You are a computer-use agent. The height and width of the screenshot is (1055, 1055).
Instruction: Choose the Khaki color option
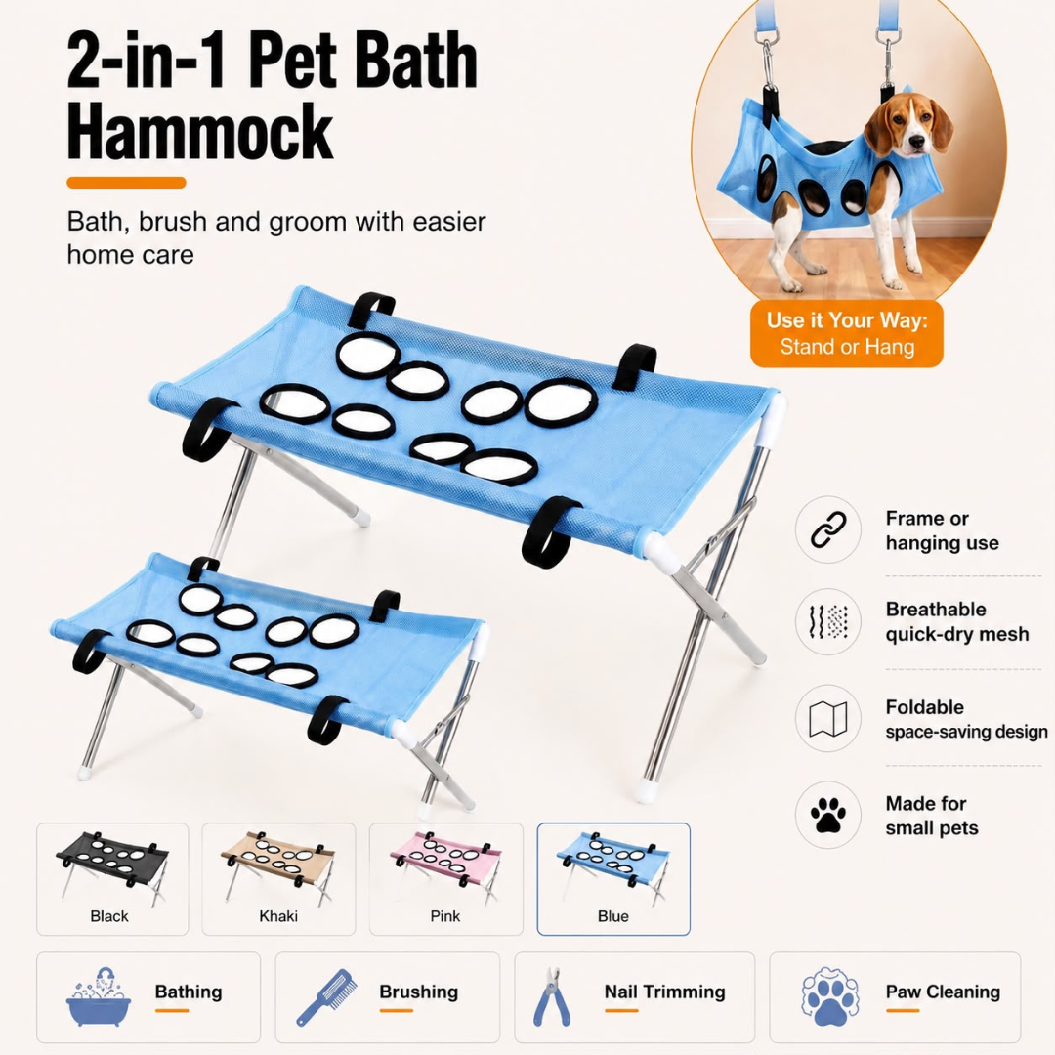278,879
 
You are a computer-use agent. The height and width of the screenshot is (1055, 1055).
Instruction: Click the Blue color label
612,916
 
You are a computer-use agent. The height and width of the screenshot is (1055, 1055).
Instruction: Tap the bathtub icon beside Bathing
99,996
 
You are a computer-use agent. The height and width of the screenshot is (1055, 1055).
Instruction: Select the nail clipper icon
552,997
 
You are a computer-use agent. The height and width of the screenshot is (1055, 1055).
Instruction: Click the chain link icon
828,529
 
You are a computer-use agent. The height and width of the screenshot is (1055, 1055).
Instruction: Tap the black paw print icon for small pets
828,815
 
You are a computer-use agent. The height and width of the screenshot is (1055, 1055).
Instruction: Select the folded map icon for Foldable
828,719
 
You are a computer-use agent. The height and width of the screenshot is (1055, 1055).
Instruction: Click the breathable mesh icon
828,621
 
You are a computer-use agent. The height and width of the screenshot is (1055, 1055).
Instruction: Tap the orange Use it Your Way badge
846,334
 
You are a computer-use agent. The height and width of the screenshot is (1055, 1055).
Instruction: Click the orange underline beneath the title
126,183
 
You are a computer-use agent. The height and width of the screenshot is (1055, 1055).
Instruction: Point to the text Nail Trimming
665,992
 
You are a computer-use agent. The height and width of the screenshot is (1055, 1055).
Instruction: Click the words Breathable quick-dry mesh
956,621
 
